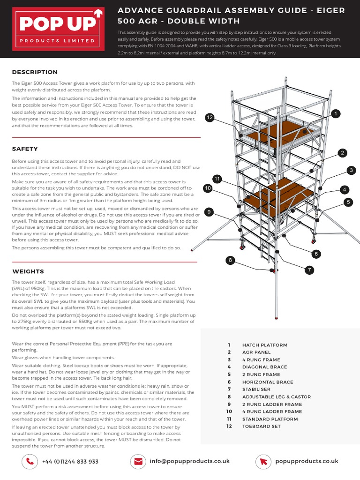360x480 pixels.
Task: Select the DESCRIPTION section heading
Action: coord(35,72)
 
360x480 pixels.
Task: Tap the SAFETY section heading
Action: coord(25,149)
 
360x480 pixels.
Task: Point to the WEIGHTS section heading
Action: coord(28,271)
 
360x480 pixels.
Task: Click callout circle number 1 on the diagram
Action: coord(335,114)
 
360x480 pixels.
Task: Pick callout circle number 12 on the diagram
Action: coord(210,118)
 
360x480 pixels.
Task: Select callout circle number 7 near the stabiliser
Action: coord(309,270)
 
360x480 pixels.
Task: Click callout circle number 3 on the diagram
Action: coord(351,170)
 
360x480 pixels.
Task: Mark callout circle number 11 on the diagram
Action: coord(217,179)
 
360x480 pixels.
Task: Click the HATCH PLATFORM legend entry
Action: coord(264,345)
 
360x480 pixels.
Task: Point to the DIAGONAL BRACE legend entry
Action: coord(264,367)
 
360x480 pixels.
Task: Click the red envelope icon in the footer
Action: coord(138,461)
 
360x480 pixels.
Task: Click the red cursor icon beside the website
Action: coord(264,461)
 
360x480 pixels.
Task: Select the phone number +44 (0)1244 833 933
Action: coord(70,462)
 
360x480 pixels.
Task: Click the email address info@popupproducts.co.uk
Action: coord(189,461)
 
